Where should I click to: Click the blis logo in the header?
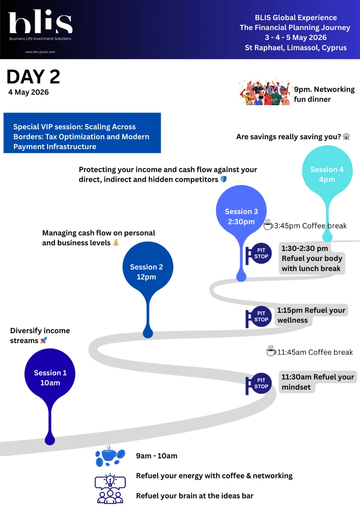(x=40, y=23)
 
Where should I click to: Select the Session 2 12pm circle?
(x=148, y=268)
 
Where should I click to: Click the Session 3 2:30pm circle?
(x=241, y=212)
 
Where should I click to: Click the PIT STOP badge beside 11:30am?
(x=260, y=384)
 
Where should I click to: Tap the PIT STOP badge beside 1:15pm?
(x=260, y=316)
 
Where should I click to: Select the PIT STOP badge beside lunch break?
(x=260, y=253)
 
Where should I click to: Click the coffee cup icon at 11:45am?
(x=271, y=351)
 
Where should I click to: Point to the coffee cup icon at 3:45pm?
(x=268, y=225)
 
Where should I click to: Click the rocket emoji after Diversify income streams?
(x=44, y=341)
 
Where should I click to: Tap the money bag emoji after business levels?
(x=116, y=243)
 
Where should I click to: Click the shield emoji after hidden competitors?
(x=224, y=179)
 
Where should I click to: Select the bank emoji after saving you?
(x=346, y=136)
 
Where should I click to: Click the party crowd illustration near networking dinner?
(x=265, y=93)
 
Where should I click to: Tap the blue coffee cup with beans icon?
(x=110, y=455)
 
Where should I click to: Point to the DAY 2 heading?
(x=33, y=77)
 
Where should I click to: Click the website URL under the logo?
(x=40, y=52)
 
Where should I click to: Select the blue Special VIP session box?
(x=82, y=133)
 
